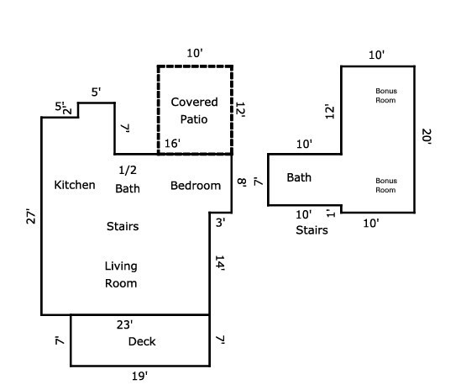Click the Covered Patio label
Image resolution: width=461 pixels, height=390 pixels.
point(194,110)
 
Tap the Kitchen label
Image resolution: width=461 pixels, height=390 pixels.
point(75,185)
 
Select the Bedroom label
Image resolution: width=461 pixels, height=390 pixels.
point(196,186)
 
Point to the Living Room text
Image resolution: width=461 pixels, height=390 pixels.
point(121,275)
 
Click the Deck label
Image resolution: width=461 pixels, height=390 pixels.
point(142,341)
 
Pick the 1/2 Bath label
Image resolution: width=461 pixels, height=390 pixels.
point(128,179)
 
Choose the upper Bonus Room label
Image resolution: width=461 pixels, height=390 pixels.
point(385,94)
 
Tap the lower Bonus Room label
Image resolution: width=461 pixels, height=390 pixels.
point(385,185)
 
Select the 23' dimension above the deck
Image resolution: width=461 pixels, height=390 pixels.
point(125,324)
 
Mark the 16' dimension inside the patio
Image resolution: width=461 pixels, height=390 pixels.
point(172,145)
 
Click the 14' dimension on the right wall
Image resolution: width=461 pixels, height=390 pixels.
point(220,263)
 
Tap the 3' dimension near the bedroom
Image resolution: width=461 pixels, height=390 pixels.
point(220,223)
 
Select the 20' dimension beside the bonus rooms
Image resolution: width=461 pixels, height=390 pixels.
point(426,137)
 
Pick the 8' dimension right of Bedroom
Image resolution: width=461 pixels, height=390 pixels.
point(240,182)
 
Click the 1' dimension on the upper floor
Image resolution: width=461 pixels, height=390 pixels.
point(331,213)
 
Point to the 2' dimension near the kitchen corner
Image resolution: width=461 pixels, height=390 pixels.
point(67,110)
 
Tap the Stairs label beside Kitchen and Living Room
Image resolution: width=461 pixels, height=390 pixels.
point(123,227)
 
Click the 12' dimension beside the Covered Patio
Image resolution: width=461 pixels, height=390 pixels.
point(239,109)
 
